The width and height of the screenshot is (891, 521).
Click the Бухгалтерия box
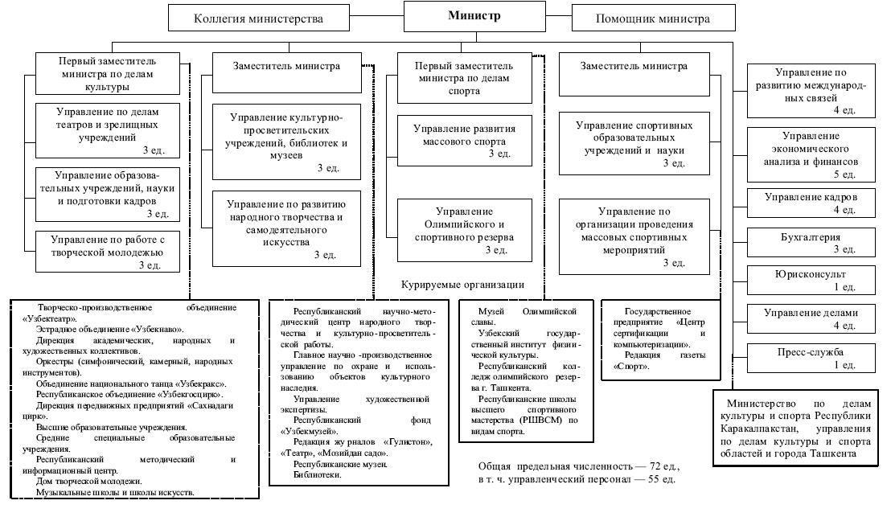(811, 243)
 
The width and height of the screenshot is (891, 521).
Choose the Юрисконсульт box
(811, 281)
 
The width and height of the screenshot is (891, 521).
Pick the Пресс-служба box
(811, 358)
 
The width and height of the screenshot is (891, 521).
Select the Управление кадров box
(811, 203)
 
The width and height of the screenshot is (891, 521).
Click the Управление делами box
(811, 318)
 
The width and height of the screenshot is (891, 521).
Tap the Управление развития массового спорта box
(465, 141)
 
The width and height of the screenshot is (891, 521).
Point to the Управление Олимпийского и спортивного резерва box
(465, 231)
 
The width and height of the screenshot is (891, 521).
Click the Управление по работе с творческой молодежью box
(107, 252)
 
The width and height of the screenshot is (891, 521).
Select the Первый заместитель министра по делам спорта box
(465, 77)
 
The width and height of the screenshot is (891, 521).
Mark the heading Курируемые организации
(462, 285)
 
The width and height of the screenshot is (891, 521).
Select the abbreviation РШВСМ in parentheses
(542, 420)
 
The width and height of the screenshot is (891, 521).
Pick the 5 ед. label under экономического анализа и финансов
(844, 174)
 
